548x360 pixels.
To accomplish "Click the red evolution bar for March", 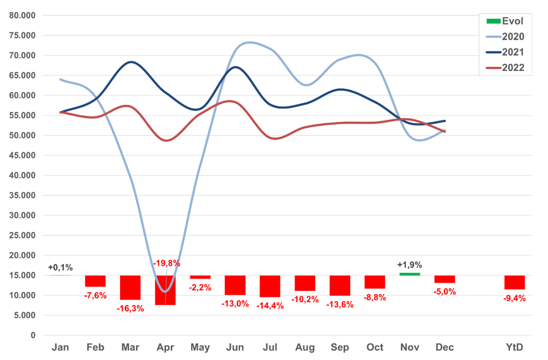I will tap(130, 287).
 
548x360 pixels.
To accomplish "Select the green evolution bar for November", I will tap(410, 274).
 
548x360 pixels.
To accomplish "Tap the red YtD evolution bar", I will tap(514, 282).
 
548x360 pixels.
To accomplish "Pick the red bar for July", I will tap(270, 286).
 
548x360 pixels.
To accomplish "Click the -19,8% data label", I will tap(167, 263).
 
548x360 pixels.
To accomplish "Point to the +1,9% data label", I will tap(410, 264).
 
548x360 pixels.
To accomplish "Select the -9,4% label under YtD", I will tap(514, 299).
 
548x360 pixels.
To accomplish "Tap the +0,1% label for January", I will tap(61, 267).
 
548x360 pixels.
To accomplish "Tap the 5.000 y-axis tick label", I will tap(25, 315).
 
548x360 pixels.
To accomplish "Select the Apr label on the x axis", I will tap(165, 347).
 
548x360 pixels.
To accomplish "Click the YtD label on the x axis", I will tap(514, 347).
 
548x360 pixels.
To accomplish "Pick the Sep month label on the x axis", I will tap(340, 347).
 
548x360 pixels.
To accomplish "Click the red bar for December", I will tap(445, 279).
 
